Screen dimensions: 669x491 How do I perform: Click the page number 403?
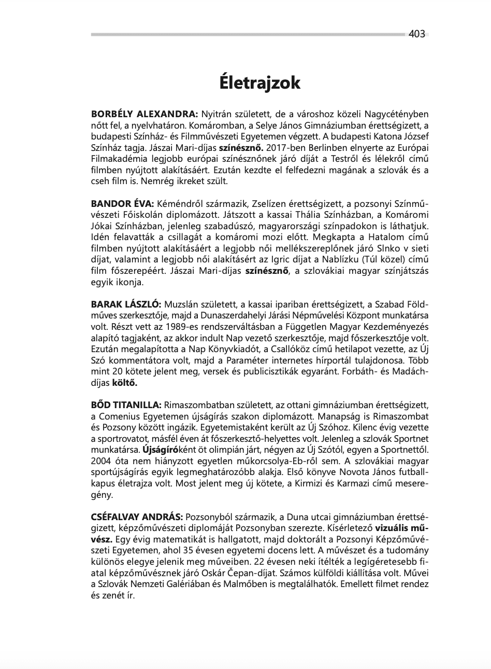tap(416, 34)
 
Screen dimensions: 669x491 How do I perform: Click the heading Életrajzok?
tap(259, 82)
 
